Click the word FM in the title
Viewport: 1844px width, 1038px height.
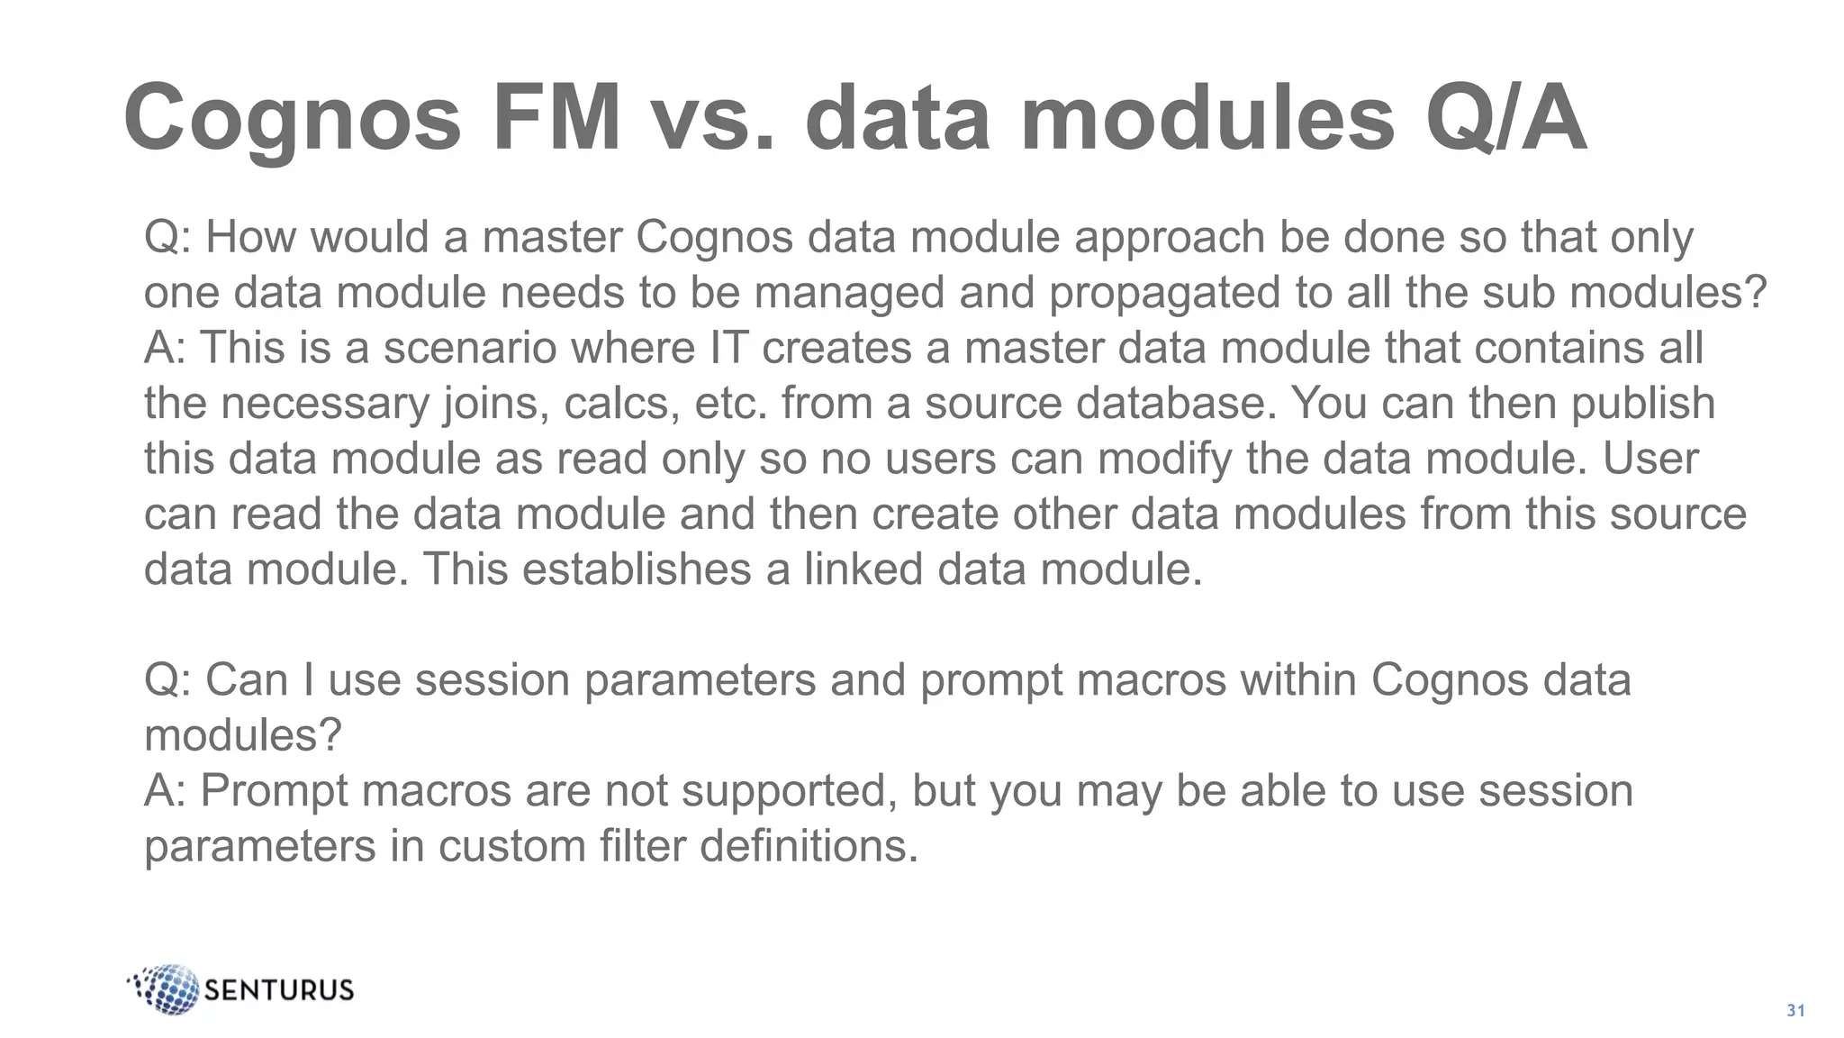click(556, 118)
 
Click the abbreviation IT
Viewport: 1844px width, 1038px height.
click(728, 349)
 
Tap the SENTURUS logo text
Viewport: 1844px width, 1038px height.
click(279, 990)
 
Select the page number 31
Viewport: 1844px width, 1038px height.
click(1795, 1011)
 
